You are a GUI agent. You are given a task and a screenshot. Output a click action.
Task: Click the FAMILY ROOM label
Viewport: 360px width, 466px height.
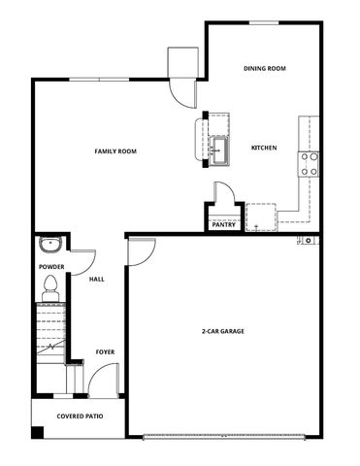[114, 151]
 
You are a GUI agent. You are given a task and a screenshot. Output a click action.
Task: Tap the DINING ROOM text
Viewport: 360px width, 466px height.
[263, 68]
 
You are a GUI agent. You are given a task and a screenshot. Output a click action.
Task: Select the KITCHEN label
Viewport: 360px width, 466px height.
[264, 148]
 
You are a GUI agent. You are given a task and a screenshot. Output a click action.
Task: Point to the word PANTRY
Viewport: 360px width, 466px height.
[223, 225]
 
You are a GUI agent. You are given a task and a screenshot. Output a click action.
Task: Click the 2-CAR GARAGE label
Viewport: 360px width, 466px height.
[222, 332]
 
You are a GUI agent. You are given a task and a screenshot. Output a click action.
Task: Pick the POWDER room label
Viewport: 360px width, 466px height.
[50, 266]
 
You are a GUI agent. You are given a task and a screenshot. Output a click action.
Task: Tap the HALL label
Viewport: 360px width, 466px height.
[97, 280]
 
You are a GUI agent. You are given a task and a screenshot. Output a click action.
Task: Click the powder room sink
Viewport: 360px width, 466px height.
[50, 244]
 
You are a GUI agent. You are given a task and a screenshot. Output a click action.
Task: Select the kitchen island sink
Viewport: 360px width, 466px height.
[220, 150]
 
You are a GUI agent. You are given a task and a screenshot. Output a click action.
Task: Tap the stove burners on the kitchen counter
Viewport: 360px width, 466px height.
[311, 164]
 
